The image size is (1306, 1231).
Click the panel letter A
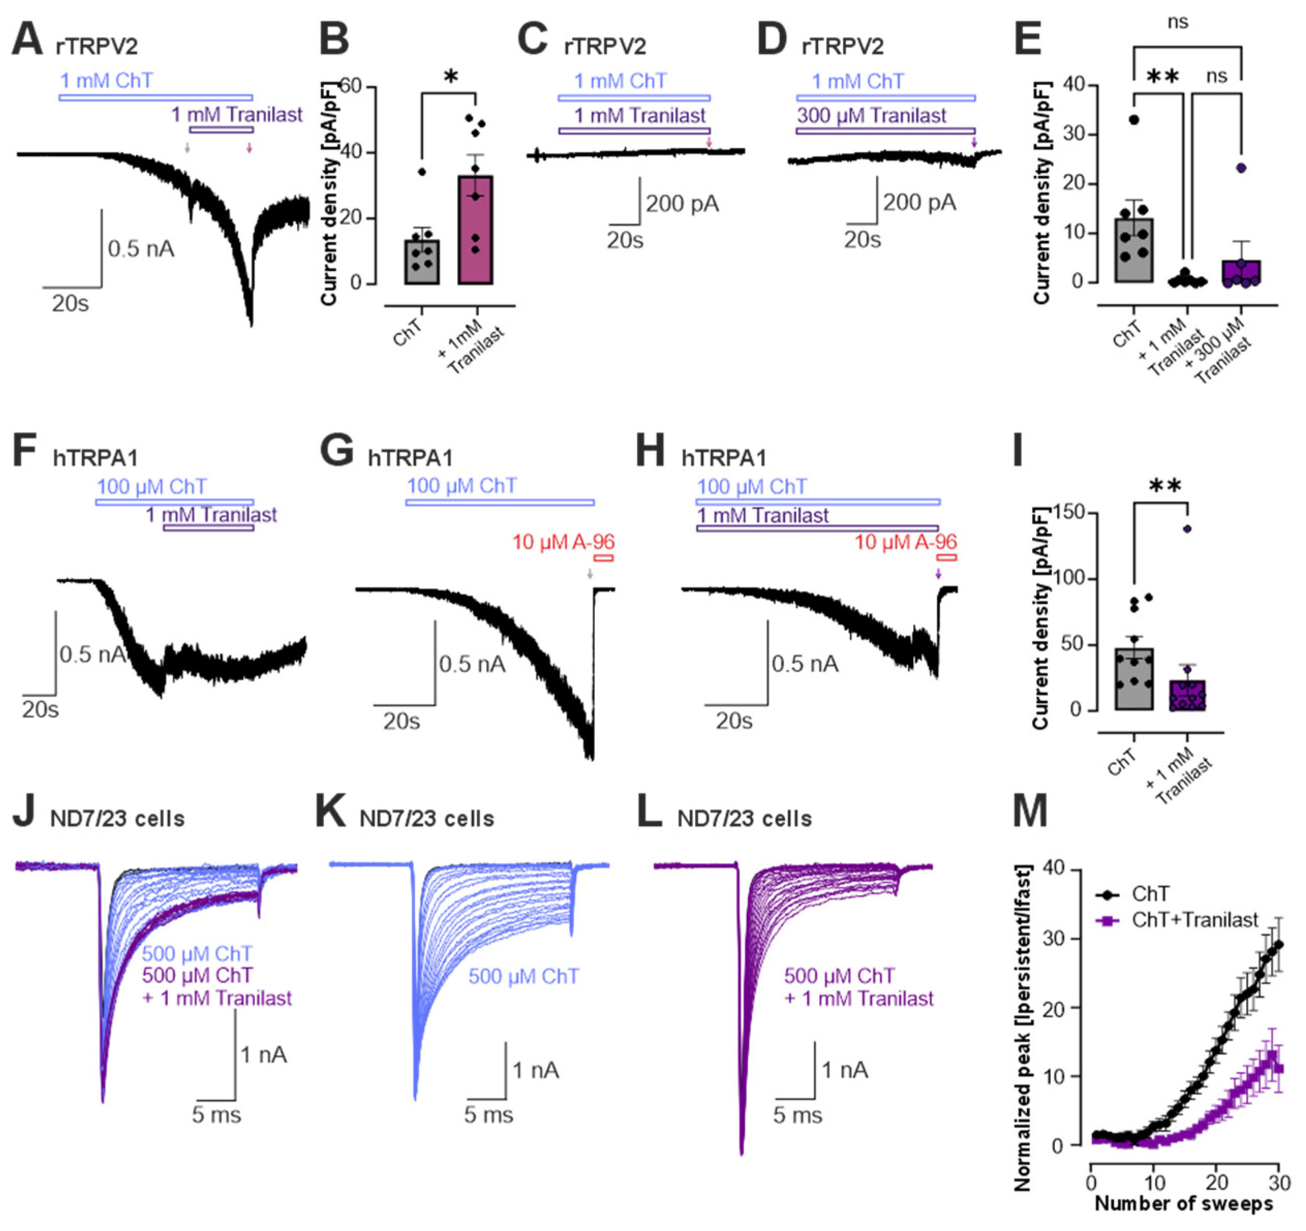tap(27, 41)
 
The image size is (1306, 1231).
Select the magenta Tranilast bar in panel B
tap(475, 230)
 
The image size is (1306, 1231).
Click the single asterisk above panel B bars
tap(450, 78)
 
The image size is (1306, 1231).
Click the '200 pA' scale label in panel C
tap(682, 204)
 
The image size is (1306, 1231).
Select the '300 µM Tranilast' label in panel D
tap(871, 116)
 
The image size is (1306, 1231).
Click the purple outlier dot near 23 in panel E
tap(1240, 167)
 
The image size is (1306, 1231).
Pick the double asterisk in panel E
tap(1163, 78)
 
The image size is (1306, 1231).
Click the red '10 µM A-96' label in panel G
tap(563, 543)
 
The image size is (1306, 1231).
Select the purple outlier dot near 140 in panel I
tap(1187, 529)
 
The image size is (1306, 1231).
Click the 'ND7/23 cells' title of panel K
tap(426, 819)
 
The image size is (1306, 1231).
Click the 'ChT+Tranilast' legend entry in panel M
tap(1194, 920)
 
